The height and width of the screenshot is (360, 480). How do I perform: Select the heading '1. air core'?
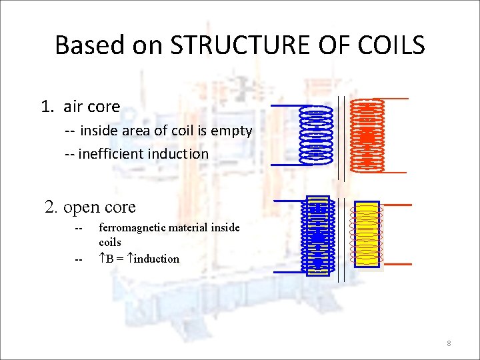81,107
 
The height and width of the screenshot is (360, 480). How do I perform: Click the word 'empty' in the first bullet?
231,131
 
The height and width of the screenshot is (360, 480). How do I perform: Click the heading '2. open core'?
90,207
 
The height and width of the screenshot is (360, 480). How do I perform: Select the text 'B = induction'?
139,259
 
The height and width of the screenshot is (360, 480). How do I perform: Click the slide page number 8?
449,343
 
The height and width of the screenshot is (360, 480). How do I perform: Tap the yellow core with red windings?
367,234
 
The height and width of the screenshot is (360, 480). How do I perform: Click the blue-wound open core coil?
317,235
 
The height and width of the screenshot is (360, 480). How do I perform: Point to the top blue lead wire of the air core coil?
285,105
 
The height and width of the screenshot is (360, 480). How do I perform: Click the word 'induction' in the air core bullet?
178,154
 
